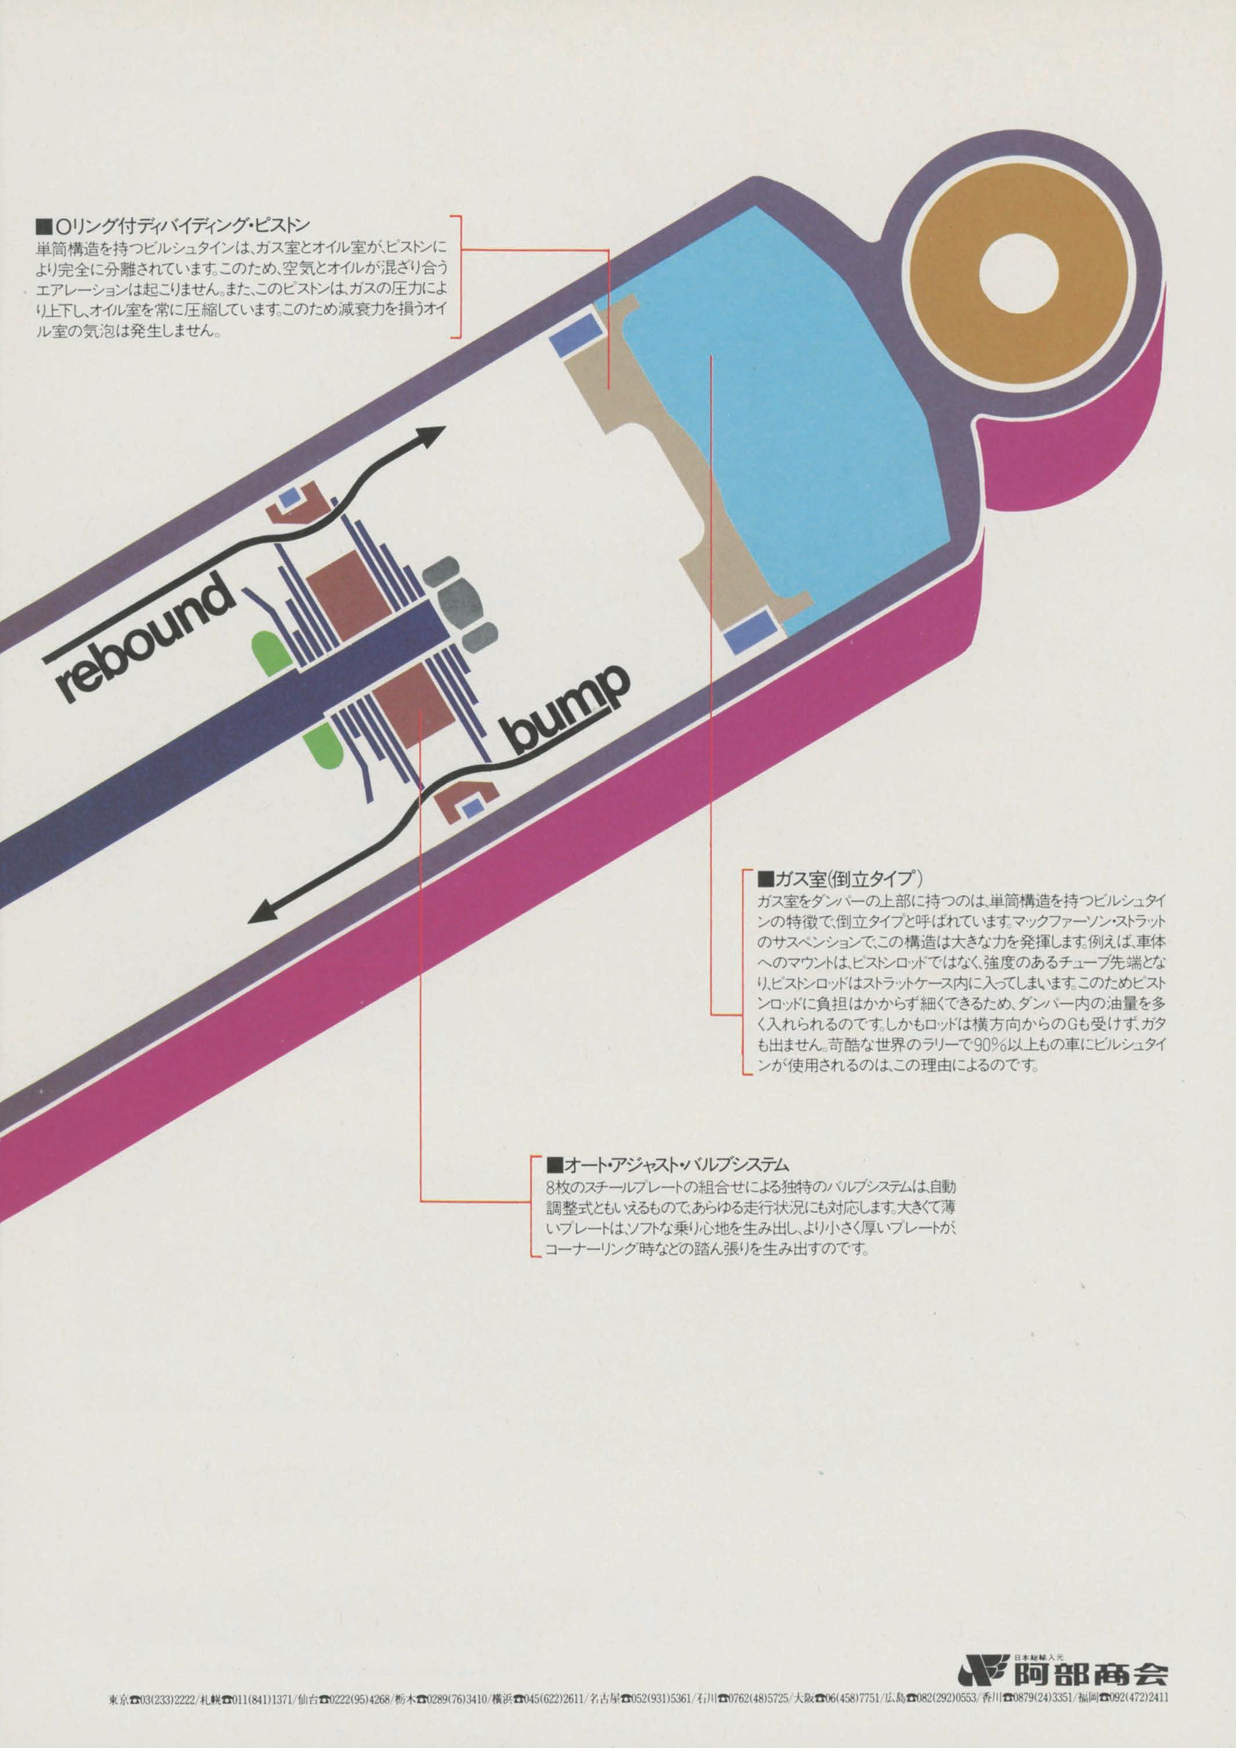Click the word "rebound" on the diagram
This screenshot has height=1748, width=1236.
pyautogui.click(x=144, y=640)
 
